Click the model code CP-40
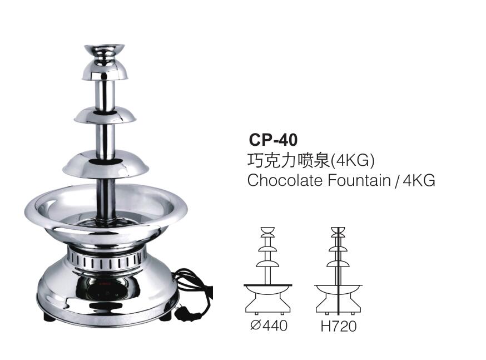[274, 140]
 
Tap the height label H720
[338, 326]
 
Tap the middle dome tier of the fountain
[106, 115]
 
